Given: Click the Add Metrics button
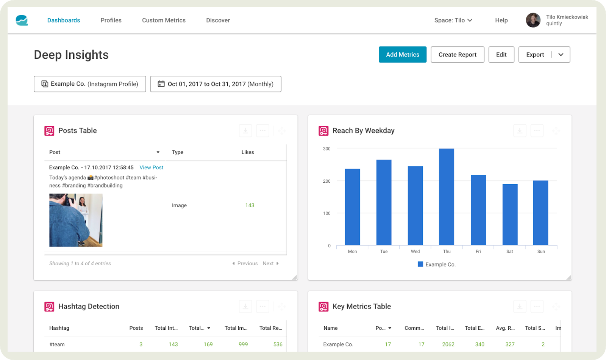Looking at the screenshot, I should (x=402, y=55).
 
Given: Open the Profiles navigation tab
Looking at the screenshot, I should (x=111, y=20).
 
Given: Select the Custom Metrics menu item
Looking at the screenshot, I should (x=164, y=20).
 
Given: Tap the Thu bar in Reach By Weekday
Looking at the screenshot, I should (x=447, y=197).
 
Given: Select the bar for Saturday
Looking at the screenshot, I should (x=510, y=214).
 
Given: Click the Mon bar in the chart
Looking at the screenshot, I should (x=352, y=207).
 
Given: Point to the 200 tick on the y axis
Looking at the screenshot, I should (x=327, y=181).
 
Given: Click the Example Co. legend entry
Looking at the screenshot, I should (x=437, y=265).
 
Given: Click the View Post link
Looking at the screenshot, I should (x=151, y=167).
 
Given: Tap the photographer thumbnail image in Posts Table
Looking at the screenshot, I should (x=76, y=220).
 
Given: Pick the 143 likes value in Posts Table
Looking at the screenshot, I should (x=250, y=205).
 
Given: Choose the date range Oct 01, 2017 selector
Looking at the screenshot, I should (x=216, y=84).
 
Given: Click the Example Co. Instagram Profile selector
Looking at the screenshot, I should (x=90, y=84).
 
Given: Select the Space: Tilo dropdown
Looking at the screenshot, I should (x=453, y=20).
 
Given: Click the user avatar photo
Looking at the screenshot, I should (x=533, y=20).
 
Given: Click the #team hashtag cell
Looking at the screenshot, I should (x=57, y=344).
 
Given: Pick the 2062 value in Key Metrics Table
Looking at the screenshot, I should (x=448, y=344).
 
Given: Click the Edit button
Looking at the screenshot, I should (x=501, y=55).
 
